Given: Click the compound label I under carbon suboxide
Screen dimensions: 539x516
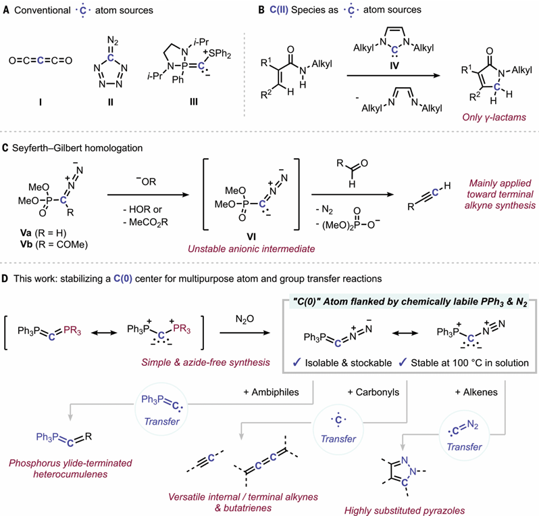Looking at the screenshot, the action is coord(41,102).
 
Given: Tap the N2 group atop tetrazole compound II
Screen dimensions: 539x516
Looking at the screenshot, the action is coord(112,42).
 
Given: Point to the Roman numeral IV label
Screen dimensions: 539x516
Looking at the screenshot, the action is coord(394,65).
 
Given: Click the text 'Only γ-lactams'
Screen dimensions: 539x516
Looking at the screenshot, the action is coord(494,118).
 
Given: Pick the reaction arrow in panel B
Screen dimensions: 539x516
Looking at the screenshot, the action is coord(394,76).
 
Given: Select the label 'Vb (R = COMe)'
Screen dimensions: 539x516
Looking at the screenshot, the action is coord(54,244).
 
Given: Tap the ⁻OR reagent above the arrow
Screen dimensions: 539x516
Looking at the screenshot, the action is coord(146,181).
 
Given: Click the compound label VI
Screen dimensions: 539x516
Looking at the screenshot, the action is coord(251,237).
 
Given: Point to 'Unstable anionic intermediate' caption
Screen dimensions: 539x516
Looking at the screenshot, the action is coord(251,249).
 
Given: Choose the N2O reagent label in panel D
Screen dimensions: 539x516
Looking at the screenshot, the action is coord(245,319).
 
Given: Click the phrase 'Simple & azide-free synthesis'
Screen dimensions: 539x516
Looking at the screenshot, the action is coord(205,362).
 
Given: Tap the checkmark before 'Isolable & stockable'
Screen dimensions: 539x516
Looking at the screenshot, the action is coord(297,362).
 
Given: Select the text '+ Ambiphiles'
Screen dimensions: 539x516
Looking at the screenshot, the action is coord(272,392).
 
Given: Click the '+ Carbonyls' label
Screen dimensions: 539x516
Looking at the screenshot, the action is coord(374,392).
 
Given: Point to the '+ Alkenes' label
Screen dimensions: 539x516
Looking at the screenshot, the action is coord(476,392).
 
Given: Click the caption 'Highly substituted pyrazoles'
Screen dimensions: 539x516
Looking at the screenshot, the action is coord(405,511).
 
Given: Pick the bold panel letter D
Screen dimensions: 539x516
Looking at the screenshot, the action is coord(5,279).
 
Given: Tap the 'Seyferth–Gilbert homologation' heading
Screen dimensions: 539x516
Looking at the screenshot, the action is coord(78,148).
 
